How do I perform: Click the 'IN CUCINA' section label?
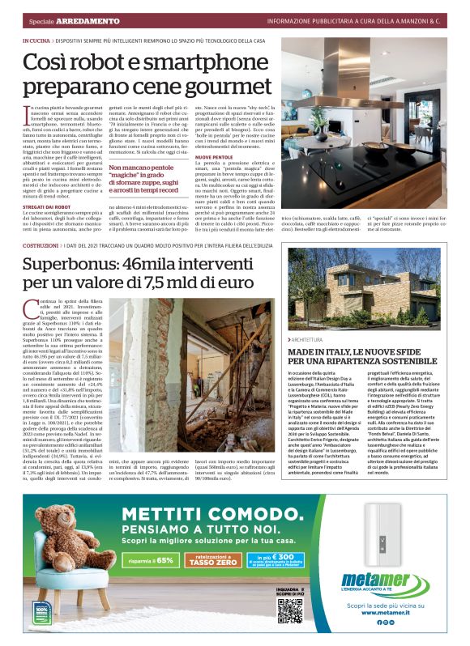click(36, 40)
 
